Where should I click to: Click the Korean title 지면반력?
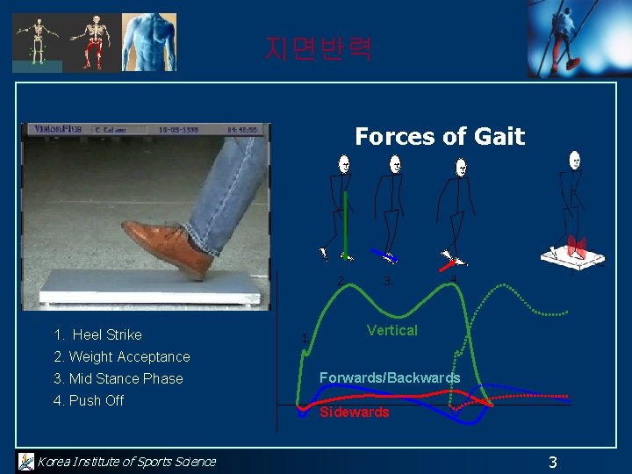319,48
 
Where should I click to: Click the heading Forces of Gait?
439,137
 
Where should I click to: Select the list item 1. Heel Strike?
97,334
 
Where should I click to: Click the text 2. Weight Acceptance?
121,356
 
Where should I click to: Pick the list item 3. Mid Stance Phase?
118,378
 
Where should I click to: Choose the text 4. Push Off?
89,400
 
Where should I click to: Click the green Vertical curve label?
391,330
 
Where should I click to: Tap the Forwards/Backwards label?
389,377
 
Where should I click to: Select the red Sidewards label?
354,412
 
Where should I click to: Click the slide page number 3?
552,462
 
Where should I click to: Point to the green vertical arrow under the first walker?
346,226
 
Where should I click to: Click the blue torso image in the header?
148,41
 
